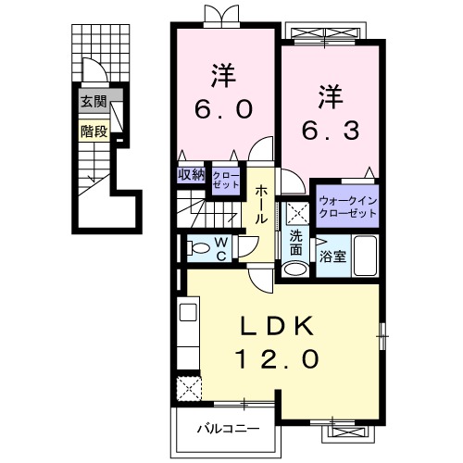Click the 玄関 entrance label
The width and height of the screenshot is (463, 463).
coord(93,102)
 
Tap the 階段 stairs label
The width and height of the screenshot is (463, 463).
coord(93,131)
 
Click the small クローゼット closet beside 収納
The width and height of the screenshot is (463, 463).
coord(225,179)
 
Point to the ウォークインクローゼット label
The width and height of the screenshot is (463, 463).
coord(347,206)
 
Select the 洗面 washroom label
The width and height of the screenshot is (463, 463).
coord(295,244)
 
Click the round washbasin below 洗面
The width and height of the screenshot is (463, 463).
coord(294,269)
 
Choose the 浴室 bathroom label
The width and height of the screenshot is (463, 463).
coord(333,257)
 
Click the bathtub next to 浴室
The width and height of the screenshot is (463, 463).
coord(365,257)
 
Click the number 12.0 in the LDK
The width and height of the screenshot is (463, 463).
coord(282,356)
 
